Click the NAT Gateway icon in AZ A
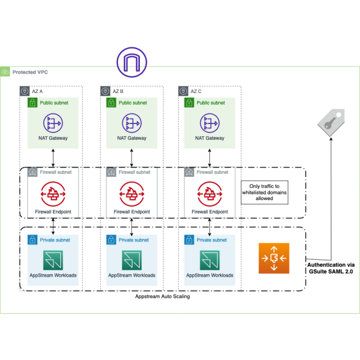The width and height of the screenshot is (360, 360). point(54,123)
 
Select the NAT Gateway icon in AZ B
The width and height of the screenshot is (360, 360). point(132,123)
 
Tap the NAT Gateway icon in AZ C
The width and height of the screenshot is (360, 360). point(210,123)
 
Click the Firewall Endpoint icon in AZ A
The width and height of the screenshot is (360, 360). point(54,195)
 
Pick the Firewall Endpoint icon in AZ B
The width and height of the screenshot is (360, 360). point(132,195)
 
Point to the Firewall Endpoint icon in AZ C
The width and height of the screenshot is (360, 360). point(210,195)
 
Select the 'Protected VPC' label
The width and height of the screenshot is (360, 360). point(30,72)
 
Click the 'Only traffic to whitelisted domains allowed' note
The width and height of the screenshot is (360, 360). point(264,192)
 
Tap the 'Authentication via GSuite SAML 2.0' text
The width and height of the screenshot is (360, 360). point(331,269)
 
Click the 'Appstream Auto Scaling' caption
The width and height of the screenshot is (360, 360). point(162,297)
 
